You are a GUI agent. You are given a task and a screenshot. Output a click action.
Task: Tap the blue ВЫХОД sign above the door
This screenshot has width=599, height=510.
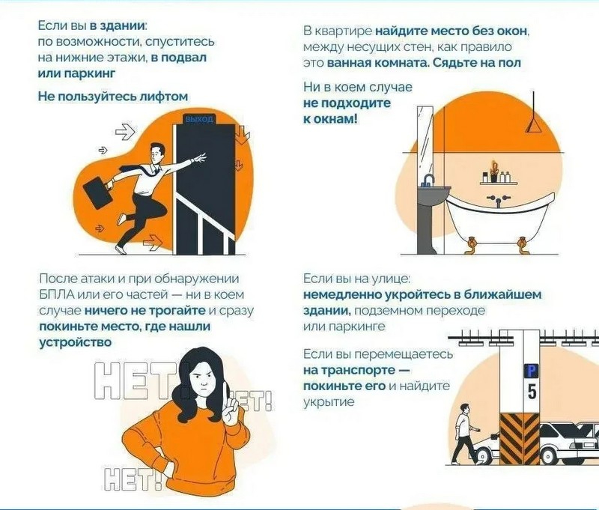click(x=199, y=119)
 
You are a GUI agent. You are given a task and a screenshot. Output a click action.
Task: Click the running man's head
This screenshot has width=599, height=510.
click(x=156, y=154)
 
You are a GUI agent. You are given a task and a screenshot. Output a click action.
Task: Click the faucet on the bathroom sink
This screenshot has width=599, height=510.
click(x=428, y=180)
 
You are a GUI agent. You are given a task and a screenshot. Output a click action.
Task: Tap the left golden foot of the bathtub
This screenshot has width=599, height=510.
click(x=472, y=245)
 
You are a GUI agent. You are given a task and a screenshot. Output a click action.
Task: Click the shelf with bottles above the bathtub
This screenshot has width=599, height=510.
click(x=498, y=183)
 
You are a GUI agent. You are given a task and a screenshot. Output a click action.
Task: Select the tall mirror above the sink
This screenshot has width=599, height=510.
click(x=425, y=142)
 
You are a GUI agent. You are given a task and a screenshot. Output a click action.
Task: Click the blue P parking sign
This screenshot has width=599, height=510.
click(x=531, y=371)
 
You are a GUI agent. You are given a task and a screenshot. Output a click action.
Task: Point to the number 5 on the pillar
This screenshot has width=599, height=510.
click(x=532, y=391)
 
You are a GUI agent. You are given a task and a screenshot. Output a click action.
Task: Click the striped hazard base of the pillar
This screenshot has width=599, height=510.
click(x=519, y=439)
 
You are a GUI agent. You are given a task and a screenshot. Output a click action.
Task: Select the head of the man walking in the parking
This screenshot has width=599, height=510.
click(x=465, y=409)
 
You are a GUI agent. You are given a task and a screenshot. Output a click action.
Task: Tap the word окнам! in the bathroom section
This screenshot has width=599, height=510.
click(x=335, y=119)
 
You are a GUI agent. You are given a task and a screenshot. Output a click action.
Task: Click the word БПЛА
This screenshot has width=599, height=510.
click(x=57, y=294)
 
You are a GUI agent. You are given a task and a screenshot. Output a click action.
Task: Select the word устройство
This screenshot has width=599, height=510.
click(x=76, y=342)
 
